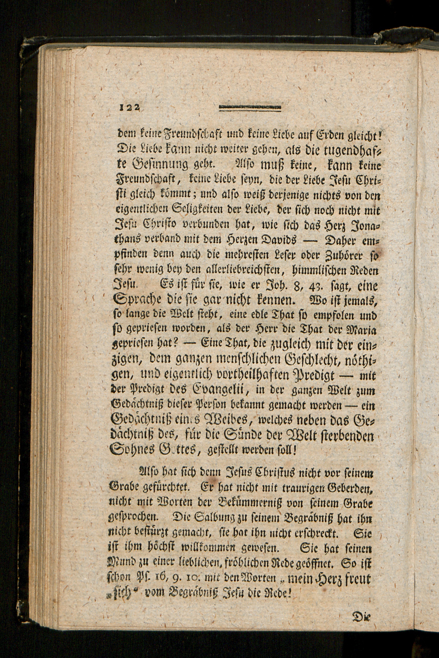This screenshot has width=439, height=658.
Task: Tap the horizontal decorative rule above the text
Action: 250,107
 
